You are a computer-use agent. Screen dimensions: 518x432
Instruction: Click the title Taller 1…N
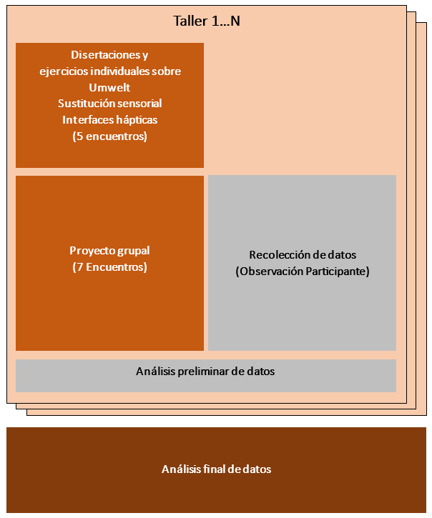(x=207, y=21)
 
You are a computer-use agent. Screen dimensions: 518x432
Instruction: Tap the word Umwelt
(x=109, y=87)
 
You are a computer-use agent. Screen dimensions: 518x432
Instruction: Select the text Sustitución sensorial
(x=109, y=104)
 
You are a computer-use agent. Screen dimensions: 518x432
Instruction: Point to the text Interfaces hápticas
(x=109, y=120)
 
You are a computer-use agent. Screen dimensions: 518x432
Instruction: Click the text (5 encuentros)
(x=109, y=136)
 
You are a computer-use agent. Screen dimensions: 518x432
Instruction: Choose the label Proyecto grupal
(x=109, y=251)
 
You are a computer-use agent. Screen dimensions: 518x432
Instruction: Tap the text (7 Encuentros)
(x=109, y=267)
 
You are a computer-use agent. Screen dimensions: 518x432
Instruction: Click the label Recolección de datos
(x=302, y=255)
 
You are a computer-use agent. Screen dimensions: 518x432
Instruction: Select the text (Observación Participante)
(x=302, y=272)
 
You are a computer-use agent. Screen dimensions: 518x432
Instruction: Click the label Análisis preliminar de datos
(x=205, y=372)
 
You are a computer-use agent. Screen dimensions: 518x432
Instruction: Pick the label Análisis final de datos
(x=216, y=469)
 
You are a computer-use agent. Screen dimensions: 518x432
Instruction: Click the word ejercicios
(x=62, y=71)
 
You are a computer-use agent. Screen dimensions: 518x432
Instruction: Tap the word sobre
(x=168, y=71)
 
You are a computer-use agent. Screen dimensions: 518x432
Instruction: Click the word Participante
(x=336, y=272)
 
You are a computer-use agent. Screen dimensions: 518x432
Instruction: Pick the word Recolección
(x=278, y=255)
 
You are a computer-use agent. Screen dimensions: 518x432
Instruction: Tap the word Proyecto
(x=91, y=251)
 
